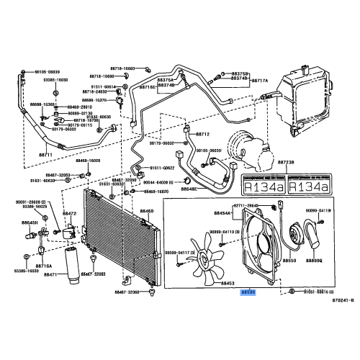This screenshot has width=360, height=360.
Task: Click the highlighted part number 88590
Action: click(248, 293)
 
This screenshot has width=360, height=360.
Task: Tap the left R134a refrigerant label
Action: click(264, 186)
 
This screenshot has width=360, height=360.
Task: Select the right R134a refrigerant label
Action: click(312, 186)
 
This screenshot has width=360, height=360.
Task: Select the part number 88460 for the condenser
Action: click(146, 211)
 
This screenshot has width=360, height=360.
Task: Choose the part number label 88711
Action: click(46, 154)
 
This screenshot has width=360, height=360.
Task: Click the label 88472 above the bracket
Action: click(69, 213)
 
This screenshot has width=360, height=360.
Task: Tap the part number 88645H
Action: click(30, 223)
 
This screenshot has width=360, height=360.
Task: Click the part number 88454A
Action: click(222, 213)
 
